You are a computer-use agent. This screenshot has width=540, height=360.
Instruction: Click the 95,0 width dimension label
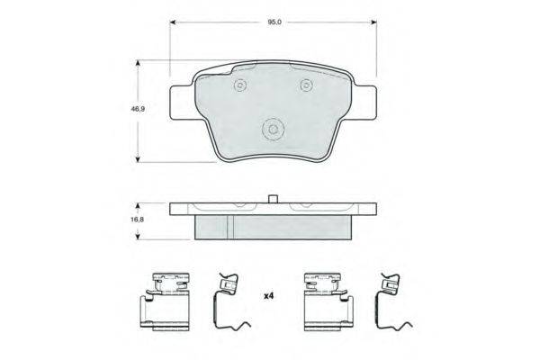pyautogui.click(x=274, y=22)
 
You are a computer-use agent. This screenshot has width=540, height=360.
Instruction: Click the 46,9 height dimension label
pyautogui.click(x=138, y=109)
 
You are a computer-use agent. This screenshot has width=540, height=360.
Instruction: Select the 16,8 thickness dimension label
pyautogui.click(x=138, y=220)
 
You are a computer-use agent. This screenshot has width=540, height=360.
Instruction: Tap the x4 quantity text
pyautogui.click(x=268, y=295)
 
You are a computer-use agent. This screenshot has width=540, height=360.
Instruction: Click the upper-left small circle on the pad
pyautogui.click(x=240, y=85)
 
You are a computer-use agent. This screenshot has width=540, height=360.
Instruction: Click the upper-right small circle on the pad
pyautogui.click(x=306, y=85)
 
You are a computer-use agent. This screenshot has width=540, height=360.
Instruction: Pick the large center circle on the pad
pyautogui.click(x=273, y=130)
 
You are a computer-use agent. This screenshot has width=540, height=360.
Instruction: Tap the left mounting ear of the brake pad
pyautogui.click(x=182, y=103)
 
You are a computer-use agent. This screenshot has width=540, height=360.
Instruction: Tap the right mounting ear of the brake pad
pyautogui.click(x=365, y=103)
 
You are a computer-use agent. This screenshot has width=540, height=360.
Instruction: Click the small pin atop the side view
pyautogui.click(x=273, y=199)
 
